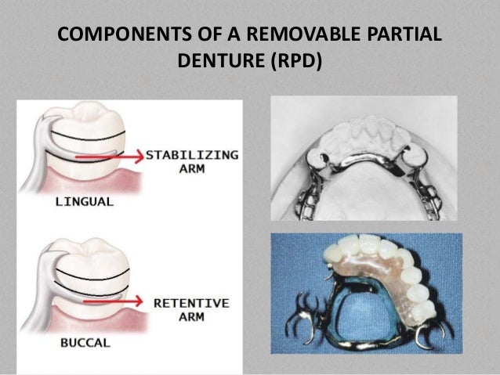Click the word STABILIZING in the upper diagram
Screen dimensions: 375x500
click(x=191, y=155)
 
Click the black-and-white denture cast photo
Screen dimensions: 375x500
click(x=364, y=157)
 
